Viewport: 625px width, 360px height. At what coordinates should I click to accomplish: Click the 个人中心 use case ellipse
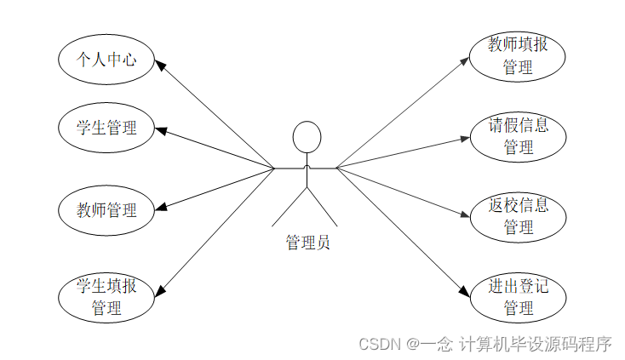pos(107,59)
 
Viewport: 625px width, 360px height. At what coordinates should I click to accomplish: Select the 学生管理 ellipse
pos(107,128)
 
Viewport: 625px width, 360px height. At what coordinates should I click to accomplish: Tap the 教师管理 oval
pos(107,209)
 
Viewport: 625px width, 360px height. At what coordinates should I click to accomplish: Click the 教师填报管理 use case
pos(518,55)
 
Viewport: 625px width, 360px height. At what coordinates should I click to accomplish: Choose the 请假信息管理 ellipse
pos(518,136)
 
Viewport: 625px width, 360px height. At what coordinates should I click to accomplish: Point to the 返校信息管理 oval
pos(518,216)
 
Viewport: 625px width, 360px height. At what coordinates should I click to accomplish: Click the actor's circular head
pos(307,136)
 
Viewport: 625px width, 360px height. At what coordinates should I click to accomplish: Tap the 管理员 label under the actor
pos(307,243)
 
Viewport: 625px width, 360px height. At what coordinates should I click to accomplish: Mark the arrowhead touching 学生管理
pos(162,129)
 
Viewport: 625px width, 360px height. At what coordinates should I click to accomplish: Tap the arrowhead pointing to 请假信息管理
pos(464,136)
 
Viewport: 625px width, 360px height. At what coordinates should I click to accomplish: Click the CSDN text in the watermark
pos(380,344)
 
